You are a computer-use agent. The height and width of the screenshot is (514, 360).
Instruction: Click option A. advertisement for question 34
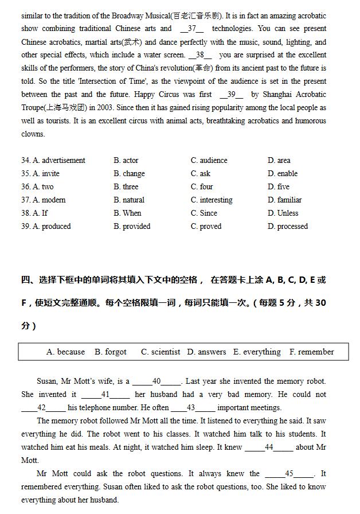pos(53,161)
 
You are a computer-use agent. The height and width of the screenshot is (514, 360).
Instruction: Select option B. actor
pos(126,161)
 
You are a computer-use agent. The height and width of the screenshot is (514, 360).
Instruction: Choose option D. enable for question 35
pos(283,174)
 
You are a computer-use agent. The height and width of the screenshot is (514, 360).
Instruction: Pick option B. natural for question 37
pos(129,200)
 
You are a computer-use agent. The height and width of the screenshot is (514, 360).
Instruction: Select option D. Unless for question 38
pos(283,213)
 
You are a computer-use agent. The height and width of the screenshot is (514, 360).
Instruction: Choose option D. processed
pos(288,227)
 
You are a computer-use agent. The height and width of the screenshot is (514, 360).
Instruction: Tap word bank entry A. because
pos(65,352)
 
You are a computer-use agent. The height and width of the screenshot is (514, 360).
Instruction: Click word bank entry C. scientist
pos(161,352)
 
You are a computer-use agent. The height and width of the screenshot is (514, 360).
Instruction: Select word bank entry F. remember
pos(312,352)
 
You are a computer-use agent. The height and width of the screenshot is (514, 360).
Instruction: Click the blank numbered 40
pos(156,381)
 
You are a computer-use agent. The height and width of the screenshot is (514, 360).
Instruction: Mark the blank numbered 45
pos(289,474)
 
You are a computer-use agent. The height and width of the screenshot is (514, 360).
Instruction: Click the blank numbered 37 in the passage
pos(192,29)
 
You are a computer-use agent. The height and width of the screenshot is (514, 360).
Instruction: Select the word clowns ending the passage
pos(33,134)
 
